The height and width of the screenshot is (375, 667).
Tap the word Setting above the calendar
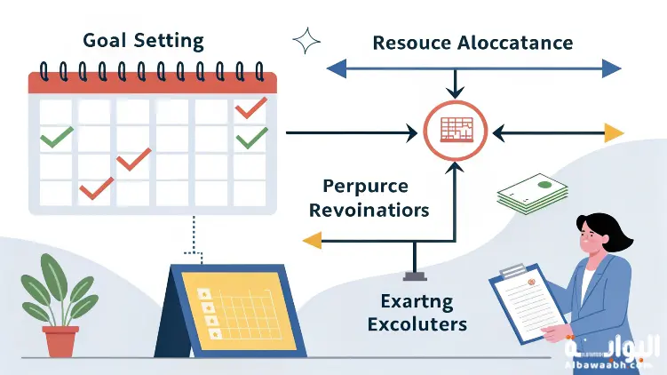coord(171,41)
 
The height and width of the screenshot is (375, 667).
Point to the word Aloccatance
coord(515,43)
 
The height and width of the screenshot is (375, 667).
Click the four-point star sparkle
coord(306,40)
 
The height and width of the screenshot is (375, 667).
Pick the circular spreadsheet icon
coord(454,132)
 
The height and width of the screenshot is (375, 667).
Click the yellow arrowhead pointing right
coord(613,133)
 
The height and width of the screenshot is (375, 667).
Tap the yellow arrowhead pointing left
coord(312,239)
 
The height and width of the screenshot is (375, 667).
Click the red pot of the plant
coord(60,341)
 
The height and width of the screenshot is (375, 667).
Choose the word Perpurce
coord(365,187)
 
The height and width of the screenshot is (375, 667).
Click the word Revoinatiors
coord(376,211)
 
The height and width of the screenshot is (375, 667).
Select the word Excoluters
coord(417,323)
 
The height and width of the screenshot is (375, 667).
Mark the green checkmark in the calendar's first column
coord(57,136)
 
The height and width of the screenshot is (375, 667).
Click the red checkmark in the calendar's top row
coord(250,107)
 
